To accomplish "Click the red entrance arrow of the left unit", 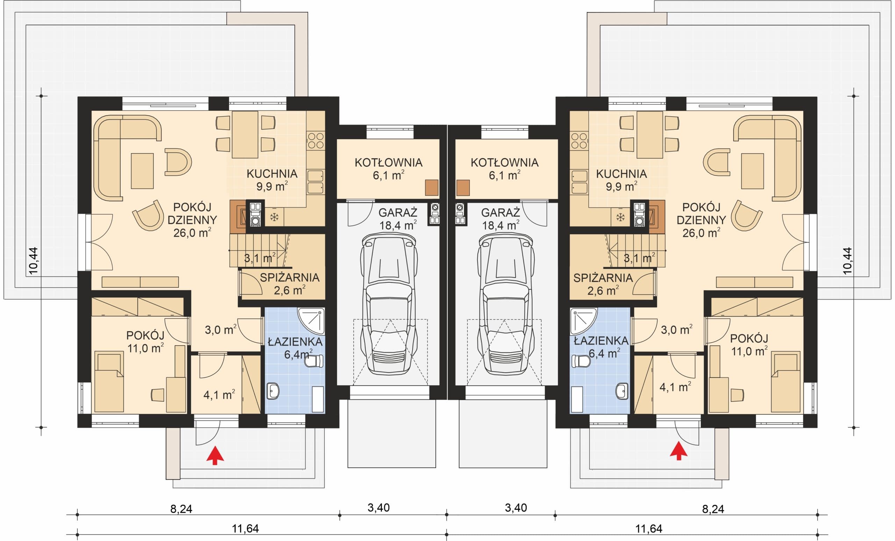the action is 215,455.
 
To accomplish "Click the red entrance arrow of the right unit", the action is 679,450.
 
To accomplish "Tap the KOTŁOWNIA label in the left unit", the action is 388,162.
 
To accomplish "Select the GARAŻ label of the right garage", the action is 500,212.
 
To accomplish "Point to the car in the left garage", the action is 389,304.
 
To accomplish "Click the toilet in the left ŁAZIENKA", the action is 314,361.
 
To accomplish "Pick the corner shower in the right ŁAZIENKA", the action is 583,321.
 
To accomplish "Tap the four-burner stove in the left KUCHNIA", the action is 315,141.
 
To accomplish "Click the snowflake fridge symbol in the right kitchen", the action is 620,217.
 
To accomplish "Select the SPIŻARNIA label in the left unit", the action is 289,277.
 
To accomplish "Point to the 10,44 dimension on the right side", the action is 847,260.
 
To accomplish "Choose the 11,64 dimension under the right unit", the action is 649,528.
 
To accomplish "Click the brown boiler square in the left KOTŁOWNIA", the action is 431,188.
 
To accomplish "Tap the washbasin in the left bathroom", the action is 273,391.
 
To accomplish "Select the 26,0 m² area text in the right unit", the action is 701,233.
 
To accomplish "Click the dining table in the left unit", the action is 245,134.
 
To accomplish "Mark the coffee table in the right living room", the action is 752,171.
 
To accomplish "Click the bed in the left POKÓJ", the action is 109,381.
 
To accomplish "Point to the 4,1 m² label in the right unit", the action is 675,387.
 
